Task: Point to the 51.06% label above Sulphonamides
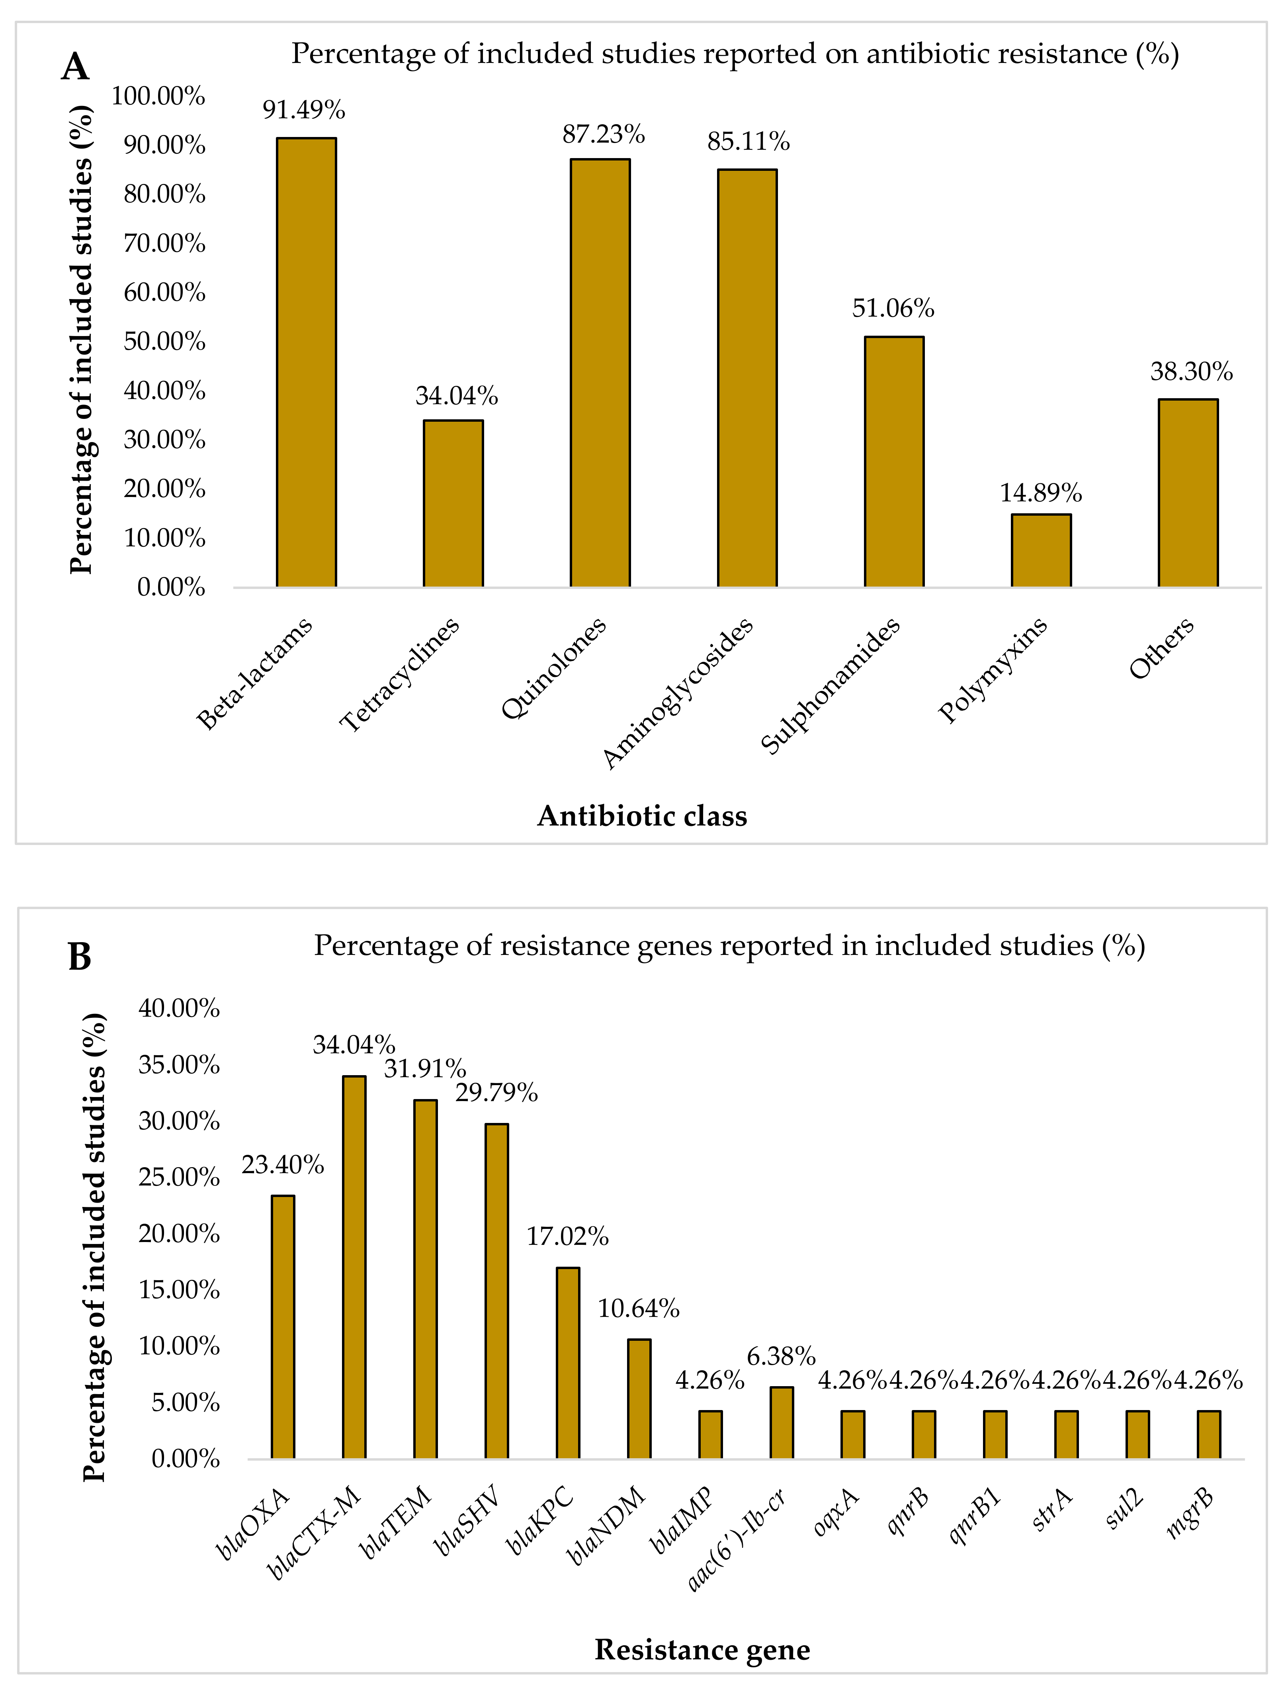(x=893, y=309)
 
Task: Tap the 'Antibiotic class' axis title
(x=642, y=816)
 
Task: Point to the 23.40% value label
(x=283, y=1165)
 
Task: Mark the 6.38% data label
(x=781, y=1356)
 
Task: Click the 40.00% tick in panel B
(x=179, y=1009)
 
